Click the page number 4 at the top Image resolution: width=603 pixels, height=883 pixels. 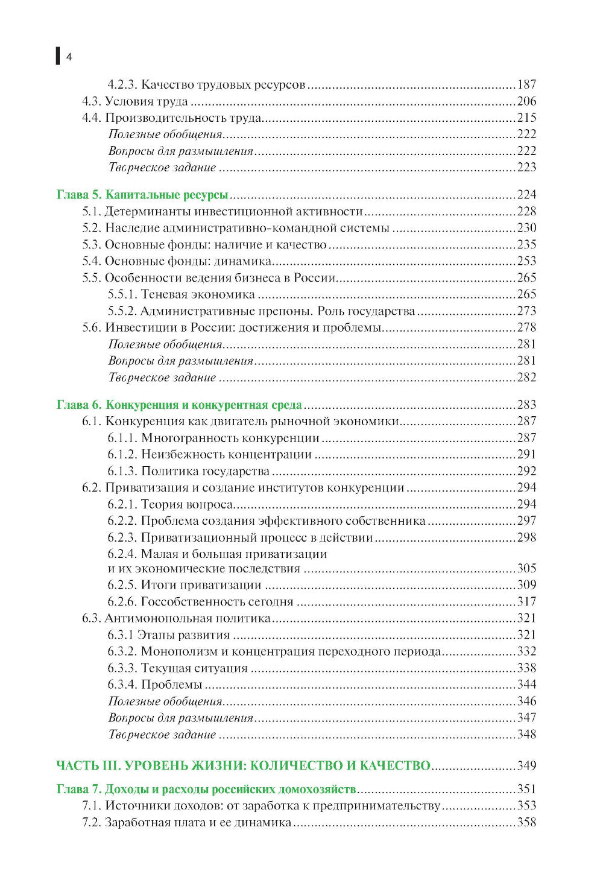point(69,57)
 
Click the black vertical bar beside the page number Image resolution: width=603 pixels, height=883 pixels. point(58,55)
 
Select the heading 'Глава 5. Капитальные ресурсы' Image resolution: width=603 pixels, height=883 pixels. point(142,195)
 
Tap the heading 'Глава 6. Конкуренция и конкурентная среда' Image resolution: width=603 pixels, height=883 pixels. point(178,405)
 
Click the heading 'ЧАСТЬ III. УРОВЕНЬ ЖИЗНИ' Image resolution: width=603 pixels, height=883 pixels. point(243,766)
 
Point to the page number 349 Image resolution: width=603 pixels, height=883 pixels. point(526,766)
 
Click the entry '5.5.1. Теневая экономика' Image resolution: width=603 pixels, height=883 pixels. point(181,294)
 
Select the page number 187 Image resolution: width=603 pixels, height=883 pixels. point(526,85)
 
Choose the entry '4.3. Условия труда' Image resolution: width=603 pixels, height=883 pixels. point(135,101)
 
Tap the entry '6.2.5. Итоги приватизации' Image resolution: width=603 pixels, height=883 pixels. point(185,585)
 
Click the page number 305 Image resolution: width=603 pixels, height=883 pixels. point(526,569)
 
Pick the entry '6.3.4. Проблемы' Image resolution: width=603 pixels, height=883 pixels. point(155,685)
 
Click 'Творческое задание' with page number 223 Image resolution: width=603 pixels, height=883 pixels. point(162,168)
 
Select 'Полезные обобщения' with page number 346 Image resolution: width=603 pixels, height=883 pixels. point(165,701)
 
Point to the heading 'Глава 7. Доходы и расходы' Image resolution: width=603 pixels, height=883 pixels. point(206,790)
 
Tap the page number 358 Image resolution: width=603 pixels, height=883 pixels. point(526,823)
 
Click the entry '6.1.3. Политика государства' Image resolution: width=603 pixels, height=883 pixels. point(188,471)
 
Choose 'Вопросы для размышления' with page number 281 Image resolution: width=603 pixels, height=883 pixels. point(181,361)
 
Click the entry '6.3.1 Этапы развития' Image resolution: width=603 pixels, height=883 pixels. point(169,635)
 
